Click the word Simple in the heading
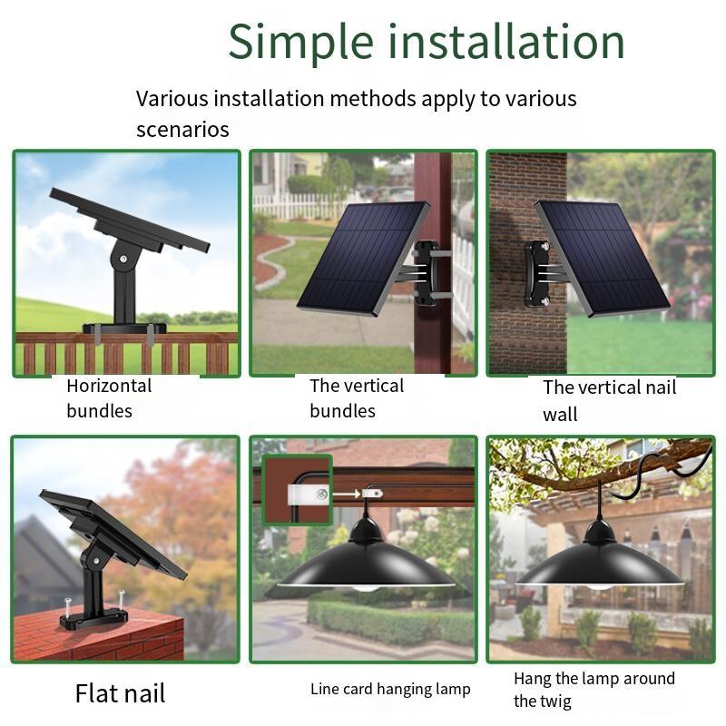pos(301,43)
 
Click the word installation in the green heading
pos(506,41)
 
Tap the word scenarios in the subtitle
pos(182,130)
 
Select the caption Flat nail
pos(120,693)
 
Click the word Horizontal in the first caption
pos(109,386)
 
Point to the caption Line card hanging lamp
pos(390,690)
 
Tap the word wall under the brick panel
pos(560,415)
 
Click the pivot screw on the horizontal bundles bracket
pos(123,259)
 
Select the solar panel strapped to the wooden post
pos(362,259)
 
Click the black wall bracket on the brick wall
pos(537,274)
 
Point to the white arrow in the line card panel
pos(347,494)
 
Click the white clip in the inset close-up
pos(308,495)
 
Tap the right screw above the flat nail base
pos(122,601)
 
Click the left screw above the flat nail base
pos(67,607)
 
